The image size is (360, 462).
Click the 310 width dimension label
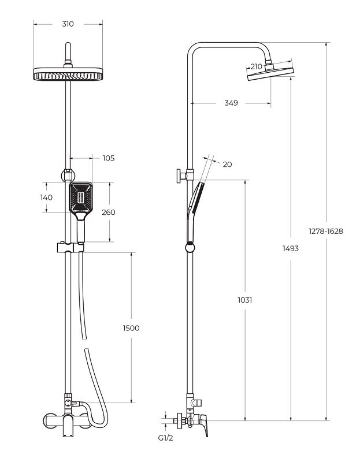pos(68,24)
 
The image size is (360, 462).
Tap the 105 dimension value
pos(109,158)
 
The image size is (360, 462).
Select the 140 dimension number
pos(46,198)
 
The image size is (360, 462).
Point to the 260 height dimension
pos(109,212)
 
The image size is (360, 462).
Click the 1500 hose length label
pos(131,328)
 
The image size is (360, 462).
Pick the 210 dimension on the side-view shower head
pos(256,66)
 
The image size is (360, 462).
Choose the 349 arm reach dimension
pos(231,103)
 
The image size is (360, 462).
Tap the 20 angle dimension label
pos(227,164)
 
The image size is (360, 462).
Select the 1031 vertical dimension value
pos(245,300)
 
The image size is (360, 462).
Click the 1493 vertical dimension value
pos(291,248)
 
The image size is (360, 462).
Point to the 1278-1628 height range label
pos(326,232)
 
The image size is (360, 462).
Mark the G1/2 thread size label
pos(166,438)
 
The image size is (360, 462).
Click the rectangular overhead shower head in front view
pos(68,74)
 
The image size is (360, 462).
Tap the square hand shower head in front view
pos(80,197)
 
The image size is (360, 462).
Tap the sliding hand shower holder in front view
pos(70,247)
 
